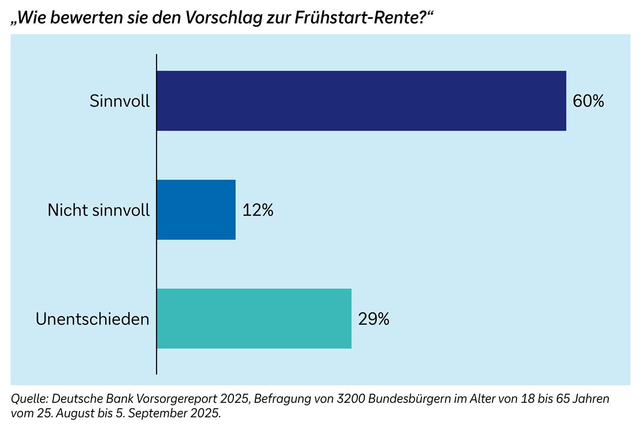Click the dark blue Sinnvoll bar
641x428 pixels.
361,101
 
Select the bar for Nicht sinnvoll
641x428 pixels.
196,210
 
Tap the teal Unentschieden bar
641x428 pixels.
254,319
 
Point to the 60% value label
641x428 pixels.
588,101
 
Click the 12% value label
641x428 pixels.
258,210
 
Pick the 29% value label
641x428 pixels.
374,319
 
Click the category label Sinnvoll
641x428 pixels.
120,101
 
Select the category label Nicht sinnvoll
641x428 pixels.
99,210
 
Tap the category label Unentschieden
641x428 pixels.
92,319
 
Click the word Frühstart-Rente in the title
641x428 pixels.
369,18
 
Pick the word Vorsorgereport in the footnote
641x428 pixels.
159,400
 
